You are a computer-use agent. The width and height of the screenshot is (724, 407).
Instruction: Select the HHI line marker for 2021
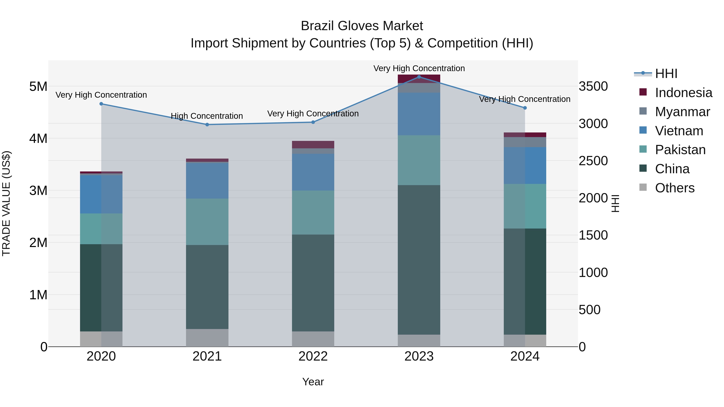click(207, 124)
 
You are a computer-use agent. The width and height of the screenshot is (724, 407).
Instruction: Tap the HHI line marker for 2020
click(101, 104)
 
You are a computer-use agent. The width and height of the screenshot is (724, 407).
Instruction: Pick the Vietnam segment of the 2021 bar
click(207, 181)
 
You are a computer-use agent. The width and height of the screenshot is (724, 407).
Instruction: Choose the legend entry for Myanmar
click(682, 112)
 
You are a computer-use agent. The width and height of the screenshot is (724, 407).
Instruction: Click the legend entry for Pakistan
click(680, 150)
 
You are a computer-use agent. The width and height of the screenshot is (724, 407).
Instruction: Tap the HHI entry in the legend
click(666, 74)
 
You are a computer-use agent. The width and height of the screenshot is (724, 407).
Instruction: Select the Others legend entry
click(674, 188)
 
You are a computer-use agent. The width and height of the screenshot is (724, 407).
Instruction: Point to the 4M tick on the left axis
click(38, 138)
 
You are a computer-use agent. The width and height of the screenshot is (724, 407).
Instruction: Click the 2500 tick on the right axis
click(593, 161)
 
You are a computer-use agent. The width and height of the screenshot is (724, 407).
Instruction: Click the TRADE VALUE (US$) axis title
click(6, 204)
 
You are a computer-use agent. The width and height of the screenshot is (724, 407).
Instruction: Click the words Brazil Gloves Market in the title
click(362, 26)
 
